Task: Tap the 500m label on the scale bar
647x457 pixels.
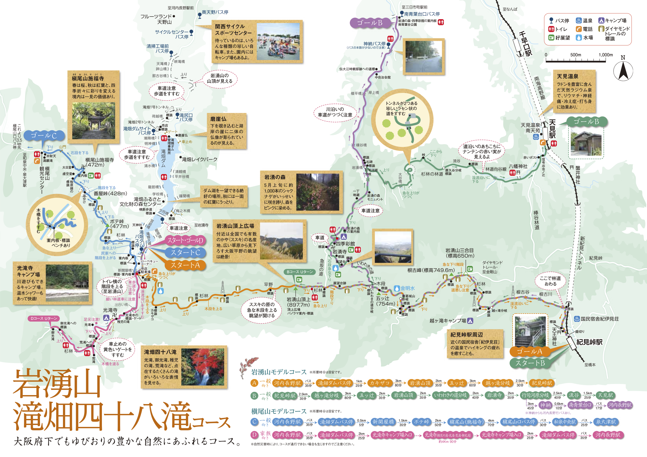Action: pyautogui.click(x=576, y=55)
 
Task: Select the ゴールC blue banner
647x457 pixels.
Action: pyautogui.click(x=44, y=135)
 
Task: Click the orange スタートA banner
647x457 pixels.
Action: pyautogui.click(x=185, y=265)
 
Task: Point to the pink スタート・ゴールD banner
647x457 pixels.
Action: pyautogui.click(x=185, y=241)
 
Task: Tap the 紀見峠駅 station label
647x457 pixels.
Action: pyautogui.click(x=589, y=342)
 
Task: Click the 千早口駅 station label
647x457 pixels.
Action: pyautogui.click(x=526, y=44)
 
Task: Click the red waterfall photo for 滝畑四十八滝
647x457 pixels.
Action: pyautogui.click(x=203, y=367)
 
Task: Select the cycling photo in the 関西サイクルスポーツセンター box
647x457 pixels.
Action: pyautogui.click(x=278, y=42)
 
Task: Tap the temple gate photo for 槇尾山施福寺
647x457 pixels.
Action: pyautogui.click(x=93, y=121)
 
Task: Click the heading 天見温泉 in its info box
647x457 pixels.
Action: pyautogui.click(x=568, y=76)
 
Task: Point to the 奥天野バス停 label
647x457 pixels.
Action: pyautogui.click(x=215, y=12)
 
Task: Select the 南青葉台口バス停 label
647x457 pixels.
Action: pyautogui.click(x=421, y=14)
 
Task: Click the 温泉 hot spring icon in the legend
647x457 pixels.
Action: pyautogui.click(x=579, y=21)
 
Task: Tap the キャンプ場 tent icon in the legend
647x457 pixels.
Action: pyautogui.click(x=601, y=21)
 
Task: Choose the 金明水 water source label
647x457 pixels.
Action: pyautogui.click(x=408, y=288)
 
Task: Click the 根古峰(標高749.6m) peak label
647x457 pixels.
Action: pyautogui.click(x=431, y=270)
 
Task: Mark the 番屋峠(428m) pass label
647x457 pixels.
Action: pyautogui.click(x=110, y=193)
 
